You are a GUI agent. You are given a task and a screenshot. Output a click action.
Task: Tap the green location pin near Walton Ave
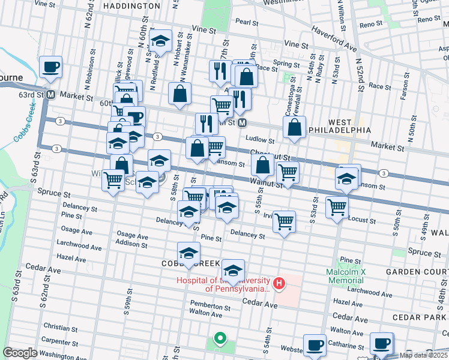pos(220,339)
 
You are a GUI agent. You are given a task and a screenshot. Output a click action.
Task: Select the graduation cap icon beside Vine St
pos(160,41)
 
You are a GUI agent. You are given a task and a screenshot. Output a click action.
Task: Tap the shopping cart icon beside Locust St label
pos(337,206)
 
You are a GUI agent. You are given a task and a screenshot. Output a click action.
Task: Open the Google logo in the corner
pos(20,352)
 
